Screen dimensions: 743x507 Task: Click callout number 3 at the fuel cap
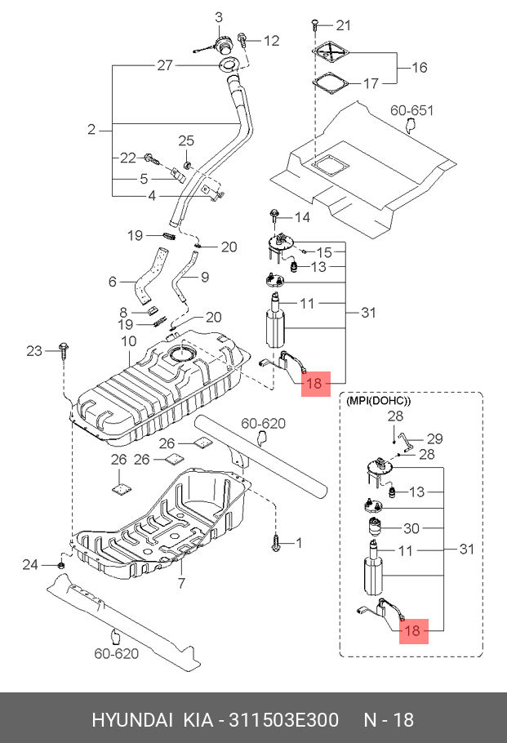click(219, 17)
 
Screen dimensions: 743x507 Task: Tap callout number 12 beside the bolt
click(271, 40)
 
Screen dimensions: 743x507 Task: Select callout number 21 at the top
click(343, 24)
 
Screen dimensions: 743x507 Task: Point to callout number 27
click(165, 65)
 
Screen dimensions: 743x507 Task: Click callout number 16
click(419, 68)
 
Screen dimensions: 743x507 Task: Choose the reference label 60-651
click(411, 110)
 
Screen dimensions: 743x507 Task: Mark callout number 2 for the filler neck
click(92, 129)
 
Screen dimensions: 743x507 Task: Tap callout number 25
click(186, 140)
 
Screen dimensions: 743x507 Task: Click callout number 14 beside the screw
click(302, 217)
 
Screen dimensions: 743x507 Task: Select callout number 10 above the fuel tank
click(128, 340)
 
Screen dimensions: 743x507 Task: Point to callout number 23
click(33, 351)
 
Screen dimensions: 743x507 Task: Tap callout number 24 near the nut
click(29, 564)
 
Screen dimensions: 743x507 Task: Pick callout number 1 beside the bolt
click(298, 541)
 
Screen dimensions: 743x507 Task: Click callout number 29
click(434, 438)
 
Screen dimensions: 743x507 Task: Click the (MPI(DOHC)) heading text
click(379, 402)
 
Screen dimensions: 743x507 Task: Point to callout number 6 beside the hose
click(113, 282)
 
